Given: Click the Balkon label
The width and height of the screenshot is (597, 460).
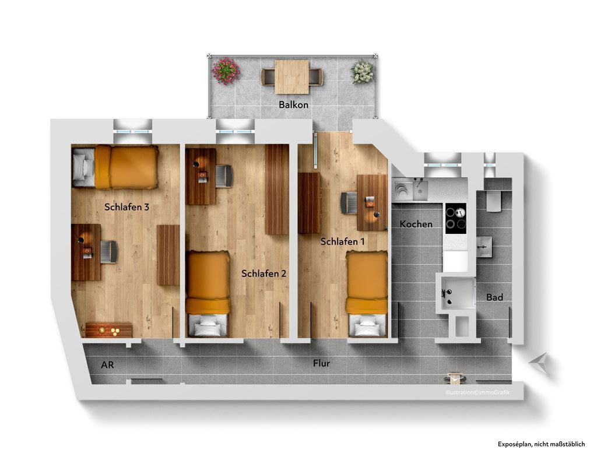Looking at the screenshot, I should pos(293,105).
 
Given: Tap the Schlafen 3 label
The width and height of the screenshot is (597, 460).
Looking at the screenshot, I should pos(127,206).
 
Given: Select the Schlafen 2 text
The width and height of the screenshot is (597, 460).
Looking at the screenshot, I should pos(264,273).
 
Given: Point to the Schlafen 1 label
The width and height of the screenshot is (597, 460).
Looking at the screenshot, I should pos(343,241).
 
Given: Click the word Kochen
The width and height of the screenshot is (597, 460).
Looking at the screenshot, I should pos(416,224).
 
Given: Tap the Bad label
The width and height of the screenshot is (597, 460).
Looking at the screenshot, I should pos(494,297).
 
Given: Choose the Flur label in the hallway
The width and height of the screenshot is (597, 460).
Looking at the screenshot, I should pos(321,363).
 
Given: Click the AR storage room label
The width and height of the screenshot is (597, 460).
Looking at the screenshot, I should pos(107,365).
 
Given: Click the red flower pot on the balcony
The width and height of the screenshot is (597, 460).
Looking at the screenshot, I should pos(226,71).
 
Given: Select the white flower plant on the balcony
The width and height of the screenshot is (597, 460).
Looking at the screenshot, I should pos(362,72).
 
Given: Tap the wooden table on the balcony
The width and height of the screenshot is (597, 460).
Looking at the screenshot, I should pos(292,76).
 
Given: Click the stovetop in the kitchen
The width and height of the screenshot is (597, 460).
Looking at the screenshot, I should pos(456,218).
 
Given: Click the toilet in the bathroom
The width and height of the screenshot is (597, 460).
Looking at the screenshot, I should pos(493,200).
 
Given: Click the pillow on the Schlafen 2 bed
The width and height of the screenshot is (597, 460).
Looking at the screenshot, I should pos(208,328).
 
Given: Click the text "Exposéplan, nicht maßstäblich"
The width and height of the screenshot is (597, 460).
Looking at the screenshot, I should pos(541,444).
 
